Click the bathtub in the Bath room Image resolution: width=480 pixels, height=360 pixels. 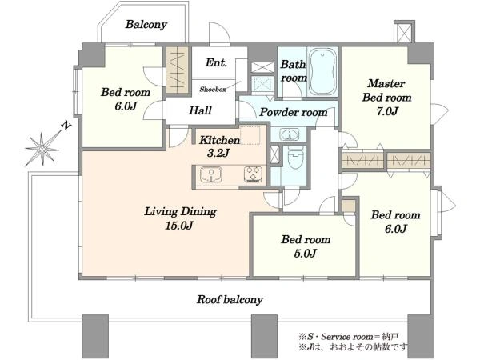(322, 71)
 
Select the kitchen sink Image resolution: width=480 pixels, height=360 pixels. (211, 174)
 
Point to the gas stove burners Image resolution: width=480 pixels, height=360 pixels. (253, 174)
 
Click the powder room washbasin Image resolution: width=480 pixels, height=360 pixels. (290, 134)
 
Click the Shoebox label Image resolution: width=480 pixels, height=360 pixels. (213, 90)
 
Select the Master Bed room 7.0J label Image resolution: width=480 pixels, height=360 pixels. (386, 97)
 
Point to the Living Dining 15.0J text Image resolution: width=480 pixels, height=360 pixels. (180, 218)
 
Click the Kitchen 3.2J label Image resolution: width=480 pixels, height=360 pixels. (219, 146)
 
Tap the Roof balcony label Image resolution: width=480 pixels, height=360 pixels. (230, 300)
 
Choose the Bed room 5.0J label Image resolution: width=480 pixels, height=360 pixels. (306, 246)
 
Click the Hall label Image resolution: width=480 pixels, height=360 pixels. (200, 110)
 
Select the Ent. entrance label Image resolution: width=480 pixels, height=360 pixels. (216, 62)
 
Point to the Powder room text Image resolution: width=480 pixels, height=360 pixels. (294, 112)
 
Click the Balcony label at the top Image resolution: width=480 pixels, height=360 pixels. (146, 25)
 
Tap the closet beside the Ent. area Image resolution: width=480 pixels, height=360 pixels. (178, 70)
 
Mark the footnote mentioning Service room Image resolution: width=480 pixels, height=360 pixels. (348, 337)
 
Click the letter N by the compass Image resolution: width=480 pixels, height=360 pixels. (66, 125)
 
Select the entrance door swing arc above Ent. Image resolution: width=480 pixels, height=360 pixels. (219, 33)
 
